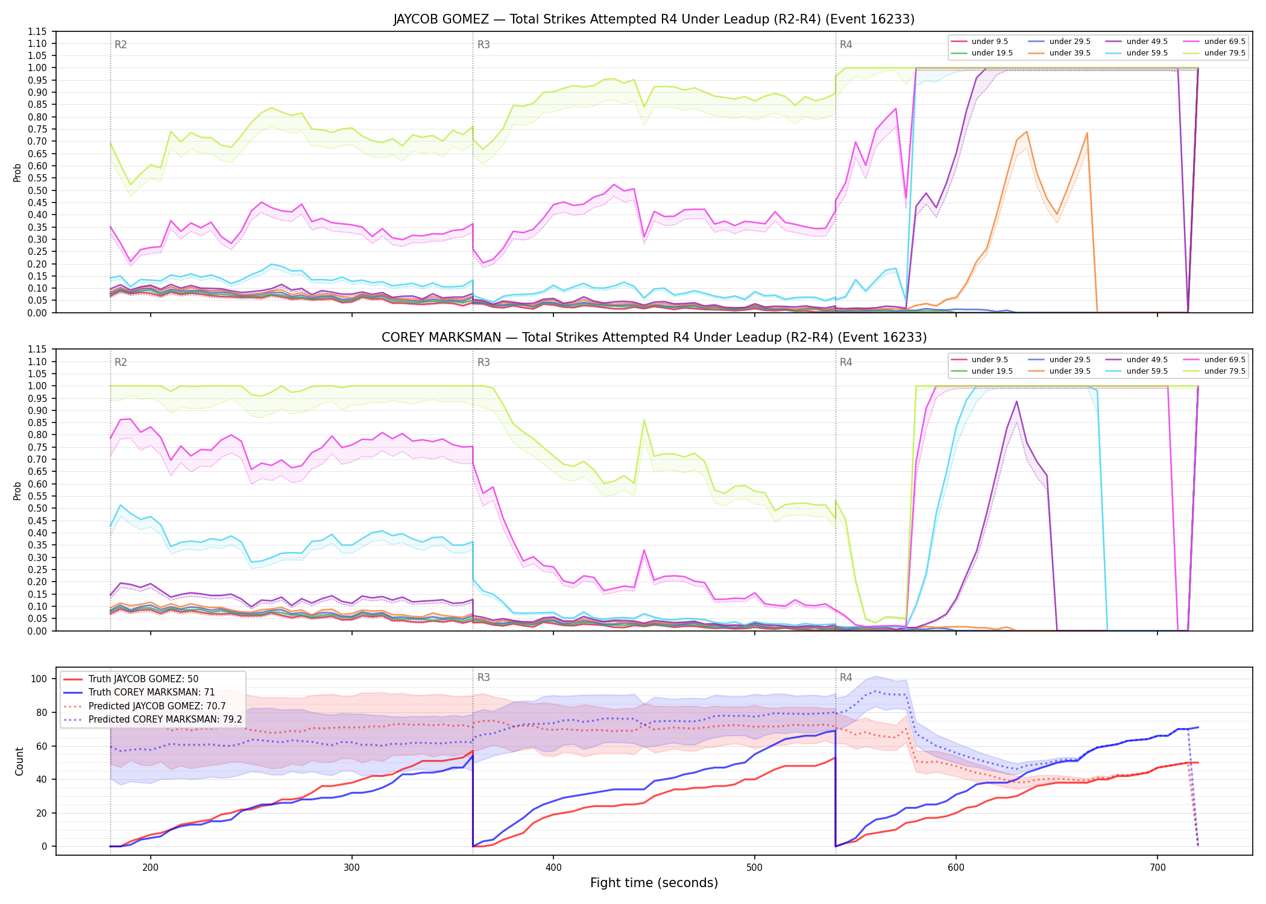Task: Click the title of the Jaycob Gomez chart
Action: coord(654,19)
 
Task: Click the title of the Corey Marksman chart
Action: coord(654,337)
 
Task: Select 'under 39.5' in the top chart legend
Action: coord(1069,53)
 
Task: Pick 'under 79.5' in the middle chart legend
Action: coord(1224,371)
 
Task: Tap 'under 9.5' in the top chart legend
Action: coord(989,42)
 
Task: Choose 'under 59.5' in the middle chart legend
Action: coord(1147,371)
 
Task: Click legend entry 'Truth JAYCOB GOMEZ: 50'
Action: coord(143,679)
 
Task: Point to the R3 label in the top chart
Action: coord(483,45)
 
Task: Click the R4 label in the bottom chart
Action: coord(846,677)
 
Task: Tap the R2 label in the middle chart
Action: coord(121,362)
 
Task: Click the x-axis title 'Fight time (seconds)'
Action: coord(654,883)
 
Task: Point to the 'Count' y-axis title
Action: coord(19,761)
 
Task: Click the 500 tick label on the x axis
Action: coord(754,867)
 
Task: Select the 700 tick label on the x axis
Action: coord(1157,867)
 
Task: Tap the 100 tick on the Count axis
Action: coord(39,679)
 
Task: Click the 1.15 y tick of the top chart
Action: coord(37,31)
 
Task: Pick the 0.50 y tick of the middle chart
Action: coord(37,509)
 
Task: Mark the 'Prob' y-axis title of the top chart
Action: coord(17,172)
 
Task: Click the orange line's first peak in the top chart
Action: coord(1026,131)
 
